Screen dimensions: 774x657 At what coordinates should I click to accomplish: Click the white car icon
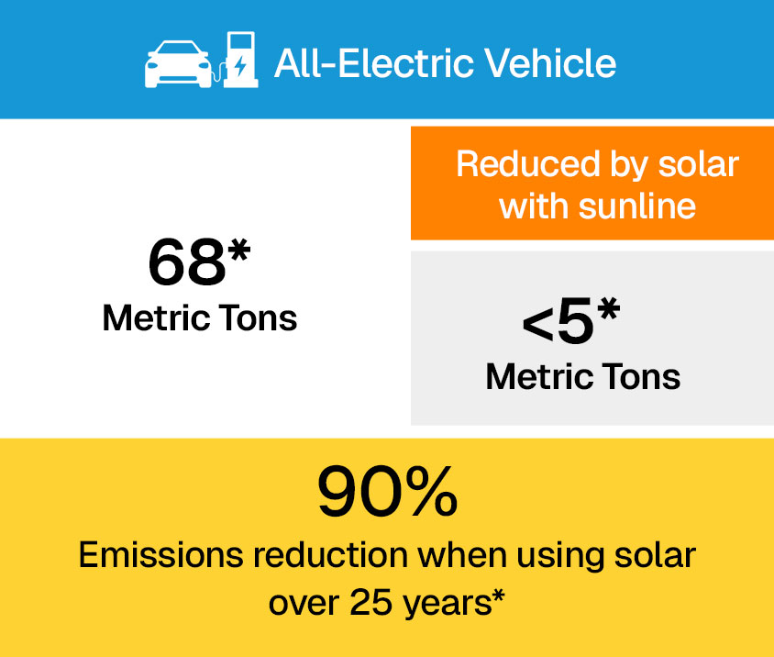pos(178,64)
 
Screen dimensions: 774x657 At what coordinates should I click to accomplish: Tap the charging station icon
pos(240,60)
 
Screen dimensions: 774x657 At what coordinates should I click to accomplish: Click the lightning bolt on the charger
pos(240,66)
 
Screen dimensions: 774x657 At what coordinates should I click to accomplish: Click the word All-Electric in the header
pos(374,63)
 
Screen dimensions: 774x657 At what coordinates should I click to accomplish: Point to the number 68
pos(187,262)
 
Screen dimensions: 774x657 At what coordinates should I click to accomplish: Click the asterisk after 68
pos(239,250)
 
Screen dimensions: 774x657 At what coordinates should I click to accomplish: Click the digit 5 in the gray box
pos(575,321)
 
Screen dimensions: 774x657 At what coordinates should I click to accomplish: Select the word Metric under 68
pos(157,318)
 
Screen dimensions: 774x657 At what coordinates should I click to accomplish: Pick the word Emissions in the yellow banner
pos(161,555)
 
